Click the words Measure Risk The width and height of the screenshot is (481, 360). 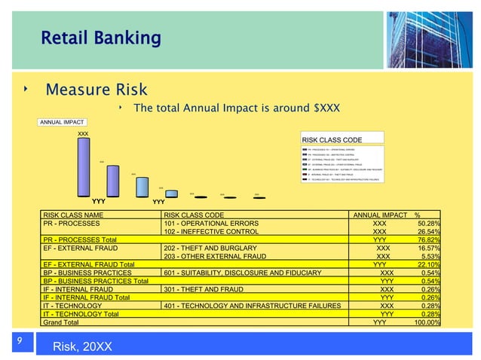pyautogui.click(x=96, y=90)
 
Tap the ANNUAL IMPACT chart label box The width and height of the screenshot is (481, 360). pyautogui.click(x=63, y=122)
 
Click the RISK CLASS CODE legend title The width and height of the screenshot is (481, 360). pyautogui.click(x=332, y=139)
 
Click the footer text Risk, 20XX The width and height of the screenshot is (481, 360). pyautogui.click(x=83, y=346)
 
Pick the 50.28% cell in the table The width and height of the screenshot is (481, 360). pyautogui.click(x=429, y=224)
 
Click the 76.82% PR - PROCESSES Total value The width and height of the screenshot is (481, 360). pyautogui.click(x=429, y=239)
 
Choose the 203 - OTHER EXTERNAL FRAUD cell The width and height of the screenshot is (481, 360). pyautogui.click(x=215, y=256)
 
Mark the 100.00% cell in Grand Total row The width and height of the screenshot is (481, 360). pyautogui.click(x=427, y=322)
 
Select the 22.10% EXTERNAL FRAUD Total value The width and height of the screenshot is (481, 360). pyautogui.click(x=429, y=264)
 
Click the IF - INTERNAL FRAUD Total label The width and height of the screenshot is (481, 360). pyautogui.click(x=86, y=297)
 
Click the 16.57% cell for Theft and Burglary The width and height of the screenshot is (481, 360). pyautogui.click(x=429, y=248)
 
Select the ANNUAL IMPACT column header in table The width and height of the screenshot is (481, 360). pyautogui.click(x=380, y=215)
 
